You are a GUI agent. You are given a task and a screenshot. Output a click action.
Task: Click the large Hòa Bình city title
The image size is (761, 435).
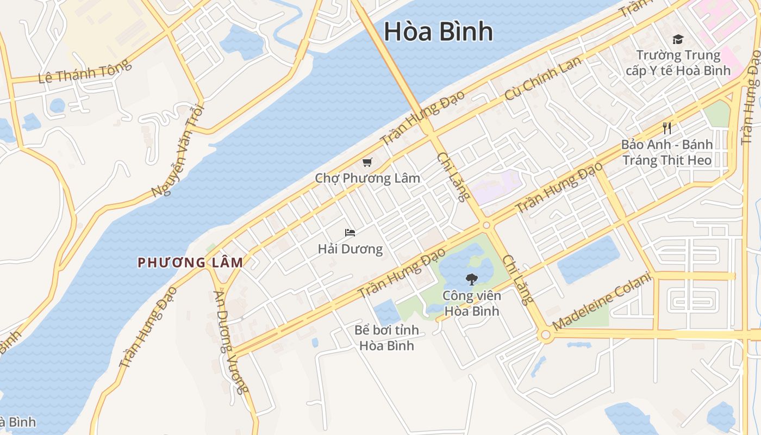click(438, 32)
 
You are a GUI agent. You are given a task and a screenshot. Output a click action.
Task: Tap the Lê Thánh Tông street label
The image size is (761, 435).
click(85, 71)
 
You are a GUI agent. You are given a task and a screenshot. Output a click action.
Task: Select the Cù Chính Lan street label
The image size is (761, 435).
click(543, 77)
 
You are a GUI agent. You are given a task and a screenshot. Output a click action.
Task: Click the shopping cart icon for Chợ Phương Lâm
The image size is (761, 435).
click(367, 162)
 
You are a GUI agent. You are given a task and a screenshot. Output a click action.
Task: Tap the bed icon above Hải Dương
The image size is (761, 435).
click(350, 233)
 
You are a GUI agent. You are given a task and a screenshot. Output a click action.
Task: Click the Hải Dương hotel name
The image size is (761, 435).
click(350, 250)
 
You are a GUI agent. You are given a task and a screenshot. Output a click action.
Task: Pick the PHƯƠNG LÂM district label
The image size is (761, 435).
click(190, 263)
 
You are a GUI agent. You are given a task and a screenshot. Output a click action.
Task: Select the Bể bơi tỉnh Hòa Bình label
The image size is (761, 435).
click(386, 338)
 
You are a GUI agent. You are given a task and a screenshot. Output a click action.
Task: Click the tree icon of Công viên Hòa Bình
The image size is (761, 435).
click(471, 279)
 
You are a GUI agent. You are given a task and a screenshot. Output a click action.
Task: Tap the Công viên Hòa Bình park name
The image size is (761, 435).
click(471, 303)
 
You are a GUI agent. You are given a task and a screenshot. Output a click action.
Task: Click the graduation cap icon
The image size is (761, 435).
click(677, 39)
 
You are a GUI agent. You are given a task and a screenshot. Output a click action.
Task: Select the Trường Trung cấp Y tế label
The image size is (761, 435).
click(678, 63)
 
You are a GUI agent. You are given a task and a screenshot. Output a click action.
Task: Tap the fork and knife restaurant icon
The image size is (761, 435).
click(667, 128)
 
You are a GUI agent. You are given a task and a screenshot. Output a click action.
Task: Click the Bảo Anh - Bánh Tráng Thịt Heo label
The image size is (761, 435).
click(667, 152)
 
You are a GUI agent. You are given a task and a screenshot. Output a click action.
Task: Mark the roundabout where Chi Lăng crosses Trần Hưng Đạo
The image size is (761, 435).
click(486, 225)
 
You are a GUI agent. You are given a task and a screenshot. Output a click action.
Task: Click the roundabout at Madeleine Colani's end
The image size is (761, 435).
click(546, 335)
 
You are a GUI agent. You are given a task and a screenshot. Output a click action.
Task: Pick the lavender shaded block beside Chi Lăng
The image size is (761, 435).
click(496, 186)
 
